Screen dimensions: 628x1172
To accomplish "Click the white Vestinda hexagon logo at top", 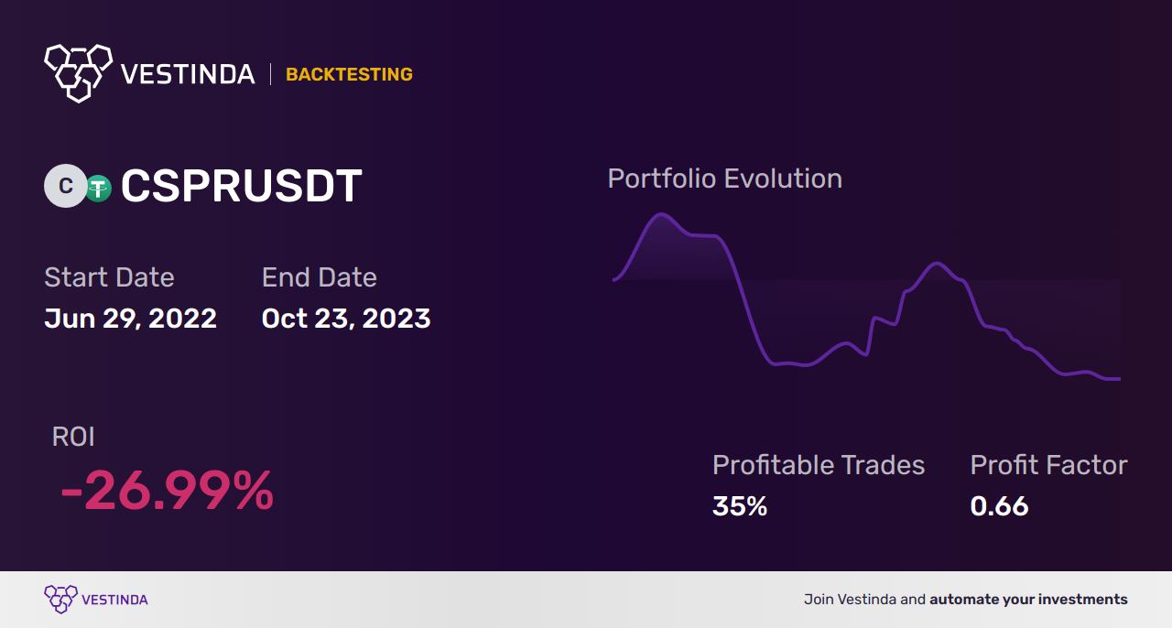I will click(78, 72).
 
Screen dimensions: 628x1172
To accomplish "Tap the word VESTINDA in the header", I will click(188, 74).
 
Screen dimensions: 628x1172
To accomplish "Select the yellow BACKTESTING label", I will click(349, 74).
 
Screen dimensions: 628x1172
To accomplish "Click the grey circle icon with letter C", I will click(65, 187).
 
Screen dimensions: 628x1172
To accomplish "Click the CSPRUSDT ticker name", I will click(242, 187).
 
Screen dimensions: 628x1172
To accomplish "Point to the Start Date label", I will click(109, 277).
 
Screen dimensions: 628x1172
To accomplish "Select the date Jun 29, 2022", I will click(130, 319).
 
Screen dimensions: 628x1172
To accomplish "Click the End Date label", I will click(319, 277).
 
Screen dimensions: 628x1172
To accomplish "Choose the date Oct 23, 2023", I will click(345, 319).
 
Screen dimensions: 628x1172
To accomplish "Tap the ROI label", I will click(73, 437).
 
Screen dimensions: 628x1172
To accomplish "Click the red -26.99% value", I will click(167, 492).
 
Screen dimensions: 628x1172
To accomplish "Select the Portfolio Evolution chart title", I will click(724, 179).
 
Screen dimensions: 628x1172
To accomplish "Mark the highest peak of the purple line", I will click(660, 215).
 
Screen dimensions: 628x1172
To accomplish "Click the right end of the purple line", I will click(1118, 378).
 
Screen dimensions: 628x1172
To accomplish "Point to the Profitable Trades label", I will click(818, 465).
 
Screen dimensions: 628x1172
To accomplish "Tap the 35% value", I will click(739, 505).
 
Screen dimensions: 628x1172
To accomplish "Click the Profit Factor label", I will click(1048, 465).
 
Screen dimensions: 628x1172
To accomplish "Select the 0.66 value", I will click(999, 505).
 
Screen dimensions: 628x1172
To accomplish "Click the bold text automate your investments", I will click(1028, 600).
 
